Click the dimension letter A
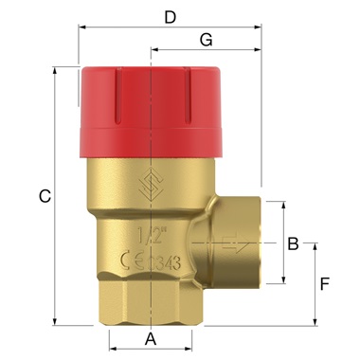click(x=149, y=338)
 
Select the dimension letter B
click(x=294, y=243)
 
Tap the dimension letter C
click(x=44, y=196)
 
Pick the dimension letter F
click(x=325, y=283)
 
